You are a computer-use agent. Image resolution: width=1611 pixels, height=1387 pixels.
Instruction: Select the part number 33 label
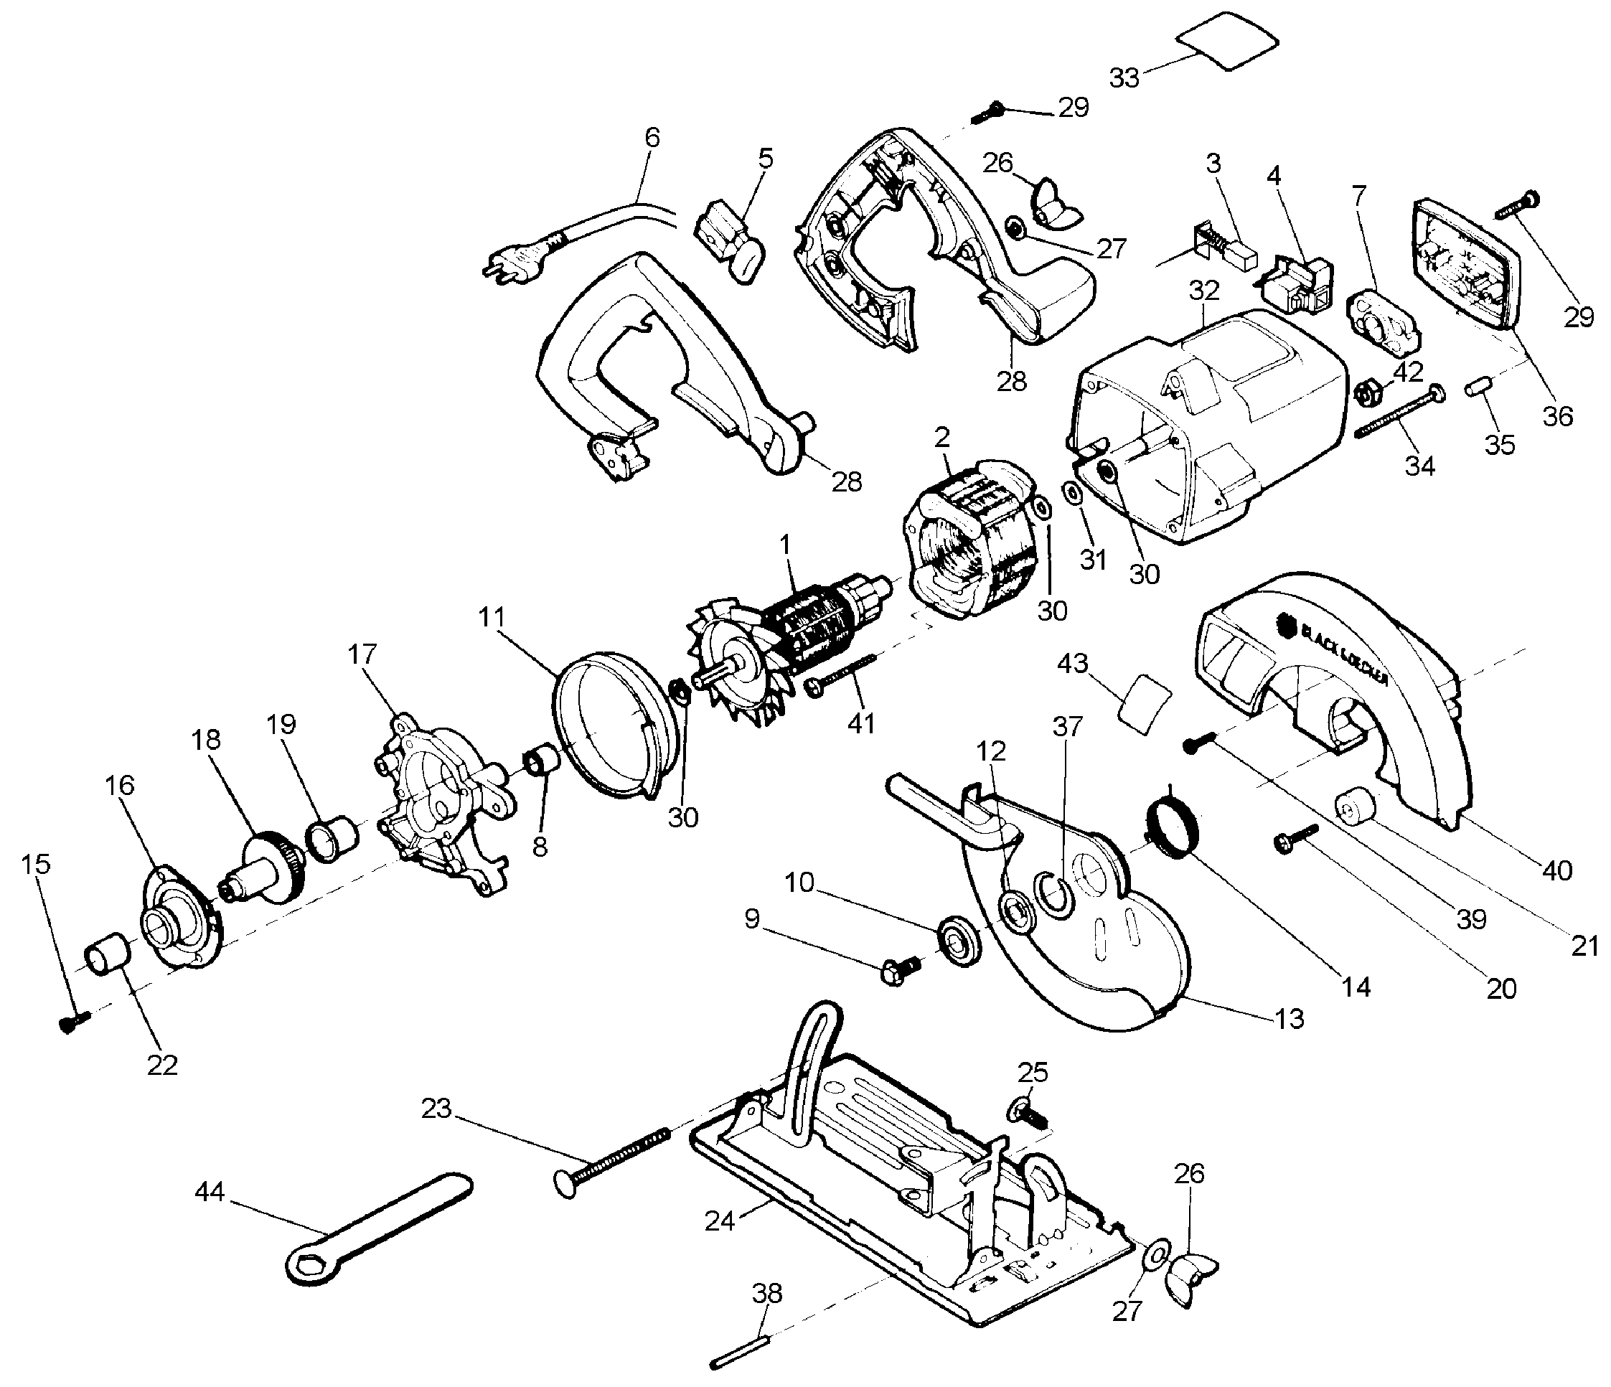[1124, 77]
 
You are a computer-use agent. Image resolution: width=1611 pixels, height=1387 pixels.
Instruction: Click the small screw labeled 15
[73, 1023]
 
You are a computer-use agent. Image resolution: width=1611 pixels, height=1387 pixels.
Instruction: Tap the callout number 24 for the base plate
[720, 1220]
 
